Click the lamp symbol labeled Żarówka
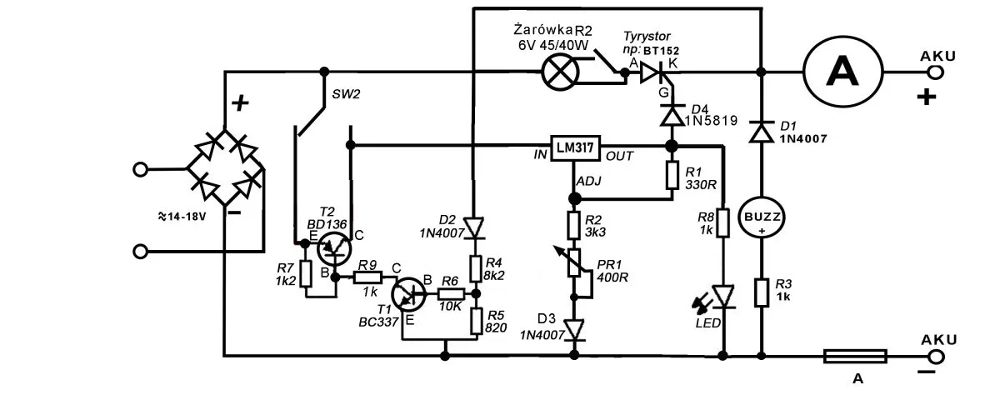[x=559, y=72]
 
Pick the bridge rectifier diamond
[x=223, y=167]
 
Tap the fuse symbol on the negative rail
[x=854, y=357]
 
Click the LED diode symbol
[x=722, y=296]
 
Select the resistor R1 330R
[x=672, y=176]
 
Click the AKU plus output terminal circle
[x=937, y=72]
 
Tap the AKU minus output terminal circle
[x=937, y=357]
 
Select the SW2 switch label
[x=347, y=93]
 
